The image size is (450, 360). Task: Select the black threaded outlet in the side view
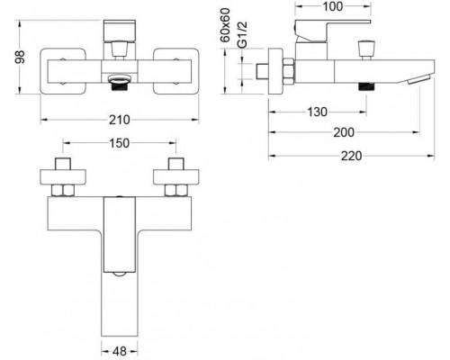(x=367, y=85)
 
